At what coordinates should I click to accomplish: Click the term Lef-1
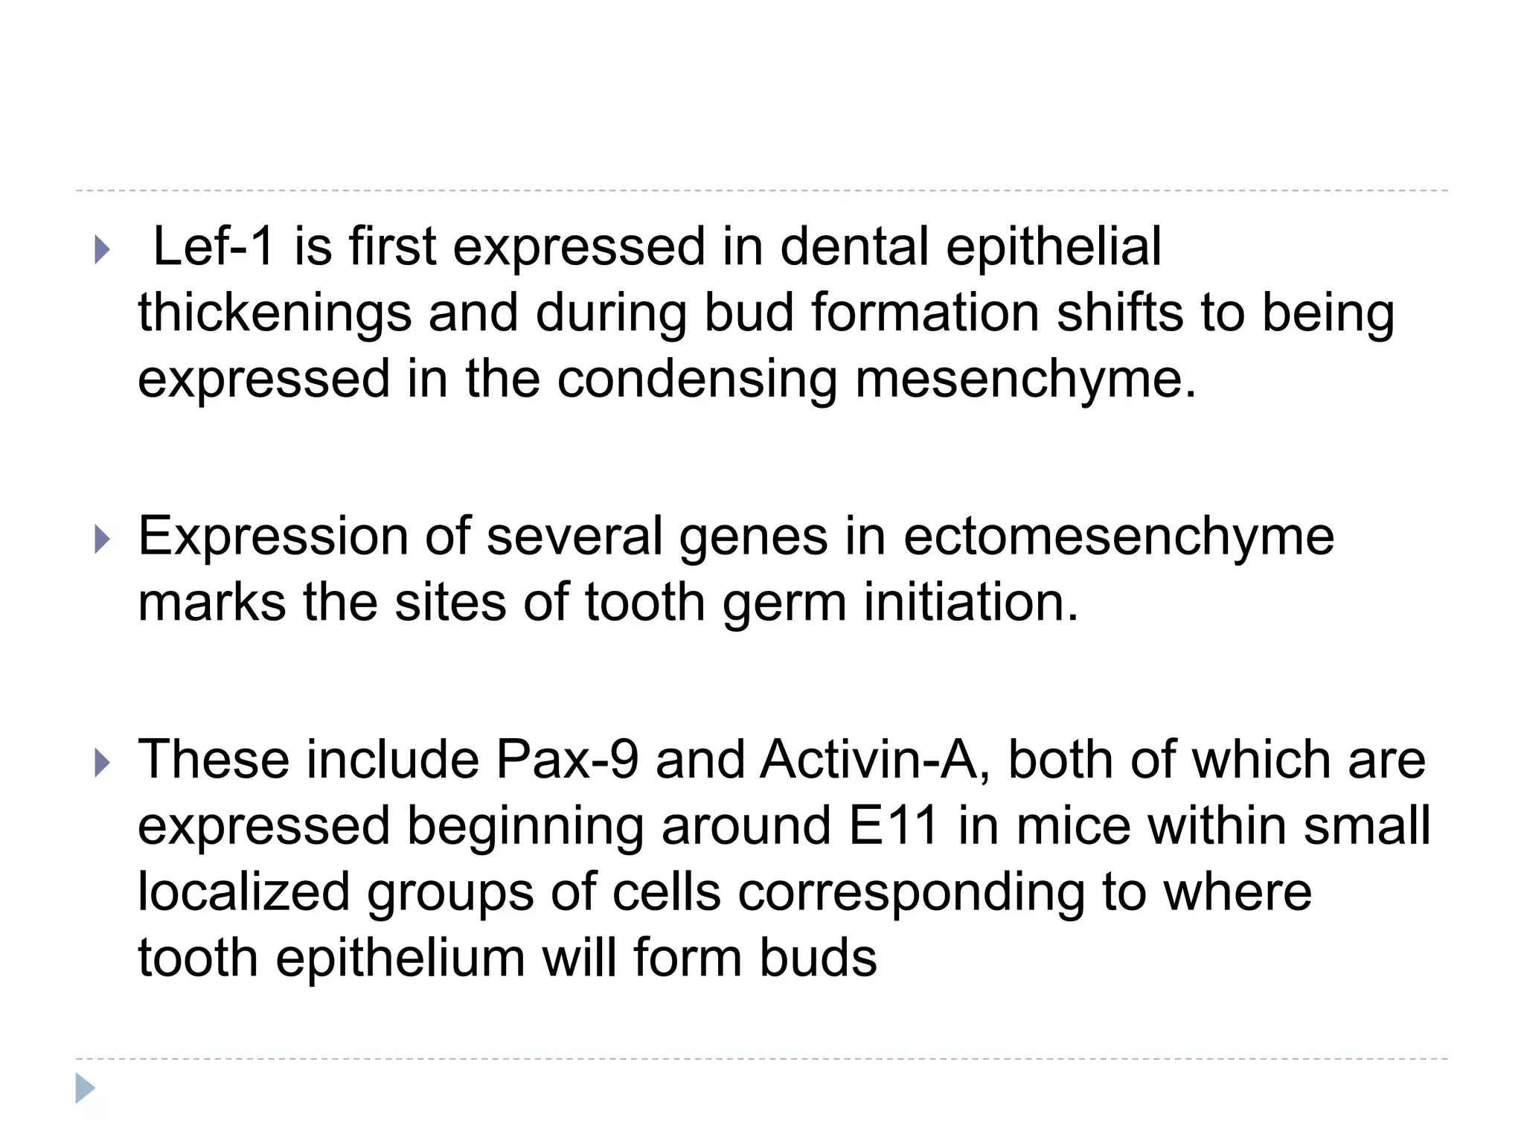[214, 247]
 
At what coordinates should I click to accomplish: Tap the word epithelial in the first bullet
[1053, 247]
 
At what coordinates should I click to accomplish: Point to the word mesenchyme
[1025, 379]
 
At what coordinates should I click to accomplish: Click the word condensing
[697, 379]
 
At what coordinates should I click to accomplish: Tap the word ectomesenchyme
[1118, 537]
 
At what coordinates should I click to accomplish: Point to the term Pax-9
[567, 760]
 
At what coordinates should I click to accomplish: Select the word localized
[244, 892]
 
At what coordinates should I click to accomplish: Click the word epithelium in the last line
[400, 958]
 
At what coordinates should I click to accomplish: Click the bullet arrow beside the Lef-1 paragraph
[103, 251]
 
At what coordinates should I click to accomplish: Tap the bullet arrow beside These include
[103, 763]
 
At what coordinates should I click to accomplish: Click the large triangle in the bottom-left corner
[85, 1089]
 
